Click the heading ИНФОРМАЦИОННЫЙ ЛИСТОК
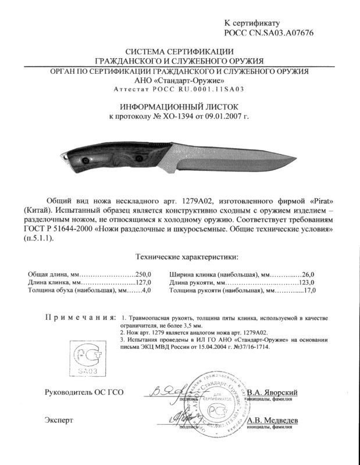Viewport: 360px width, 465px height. (x=179, y=107)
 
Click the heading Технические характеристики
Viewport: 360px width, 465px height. (x=186, y=256)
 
